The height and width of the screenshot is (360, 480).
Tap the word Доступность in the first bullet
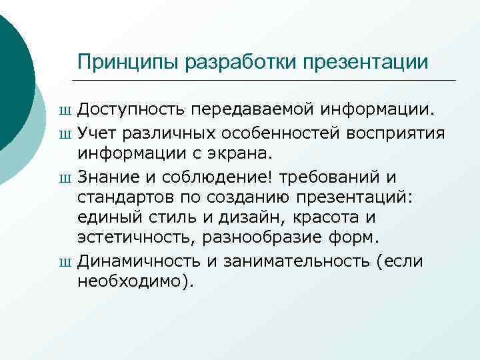click(132, 108)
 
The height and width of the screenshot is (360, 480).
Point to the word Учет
click(95, 133)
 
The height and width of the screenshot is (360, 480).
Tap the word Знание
click(107, 178)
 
